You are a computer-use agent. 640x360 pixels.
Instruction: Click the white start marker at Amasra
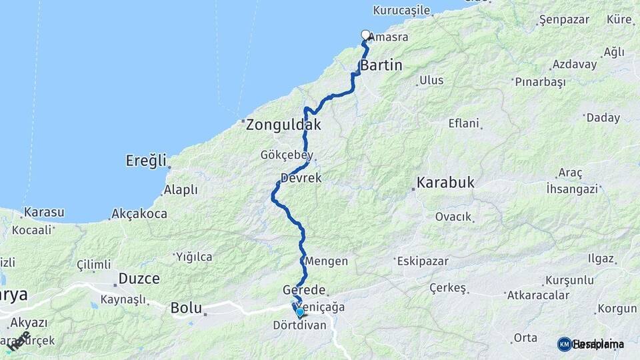(365, 35)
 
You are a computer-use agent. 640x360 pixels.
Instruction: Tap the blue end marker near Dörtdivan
(299, 312)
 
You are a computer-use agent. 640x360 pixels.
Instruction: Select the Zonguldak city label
(283, 125)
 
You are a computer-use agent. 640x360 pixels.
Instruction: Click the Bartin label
(381, 65)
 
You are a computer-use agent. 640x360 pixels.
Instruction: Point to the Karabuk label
(446, 182)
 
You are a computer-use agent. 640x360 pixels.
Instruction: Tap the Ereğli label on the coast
(146, 161)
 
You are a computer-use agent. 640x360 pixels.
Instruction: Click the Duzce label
(139, 278)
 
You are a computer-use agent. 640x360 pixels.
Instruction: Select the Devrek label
(301, 179)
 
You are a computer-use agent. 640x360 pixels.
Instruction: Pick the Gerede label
(304, 290)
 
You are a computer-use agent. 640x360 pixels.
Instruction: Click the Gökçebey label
(287, 155)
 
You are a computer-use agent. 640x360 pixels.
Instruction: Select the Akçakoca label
(139, 213)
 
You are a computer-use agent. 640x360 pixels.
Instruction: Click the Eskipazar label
(424, 261)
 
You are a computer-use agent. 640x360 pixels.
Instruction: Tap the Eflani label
(464, 123)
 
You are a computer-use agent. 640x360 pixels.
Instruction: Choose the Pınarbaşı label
(540, 82)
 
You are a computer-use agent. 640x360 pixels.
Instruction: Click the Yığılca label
(194, 257)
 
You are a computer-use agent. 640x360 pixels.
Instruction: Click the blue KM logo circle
(564, 344)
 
